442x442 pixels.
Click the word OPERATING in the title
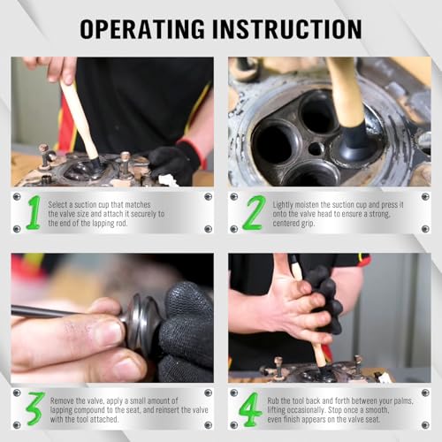pyautogui.click(x=142, y=29)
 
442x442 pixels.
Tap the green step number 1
pyautogui.click(x=34, y=212)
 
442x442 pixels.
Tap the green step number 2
pyautogui.click(x=254, y=212)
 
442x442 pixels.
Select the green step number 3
pyautogui.click(x=34, y=408)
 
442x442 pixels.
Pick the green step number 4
pyautogui.click(x=250, y=409)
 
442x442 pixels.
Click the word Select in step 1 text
pyautogui.click(x=57, y=204)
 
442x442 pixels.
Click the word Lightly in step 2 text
pyautogui.click(x=283, y=205)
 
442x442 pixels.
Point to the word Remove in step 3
pyautogui.click(x=62, y=400)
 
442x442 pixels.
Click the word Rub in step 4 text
pyautogui.click(x=273, y=400)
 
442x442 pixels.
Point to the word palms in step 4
pyautogui.click(x=403, y=401)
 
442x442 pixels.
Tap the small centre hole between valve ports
pyautogui.click(x=316, y=149)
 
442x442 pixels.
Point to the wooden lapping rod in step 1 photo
pyautogui.click(x=80, y=121)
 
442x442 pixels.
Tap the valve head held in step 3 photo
pyautogui.click(x=143, y=321)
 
